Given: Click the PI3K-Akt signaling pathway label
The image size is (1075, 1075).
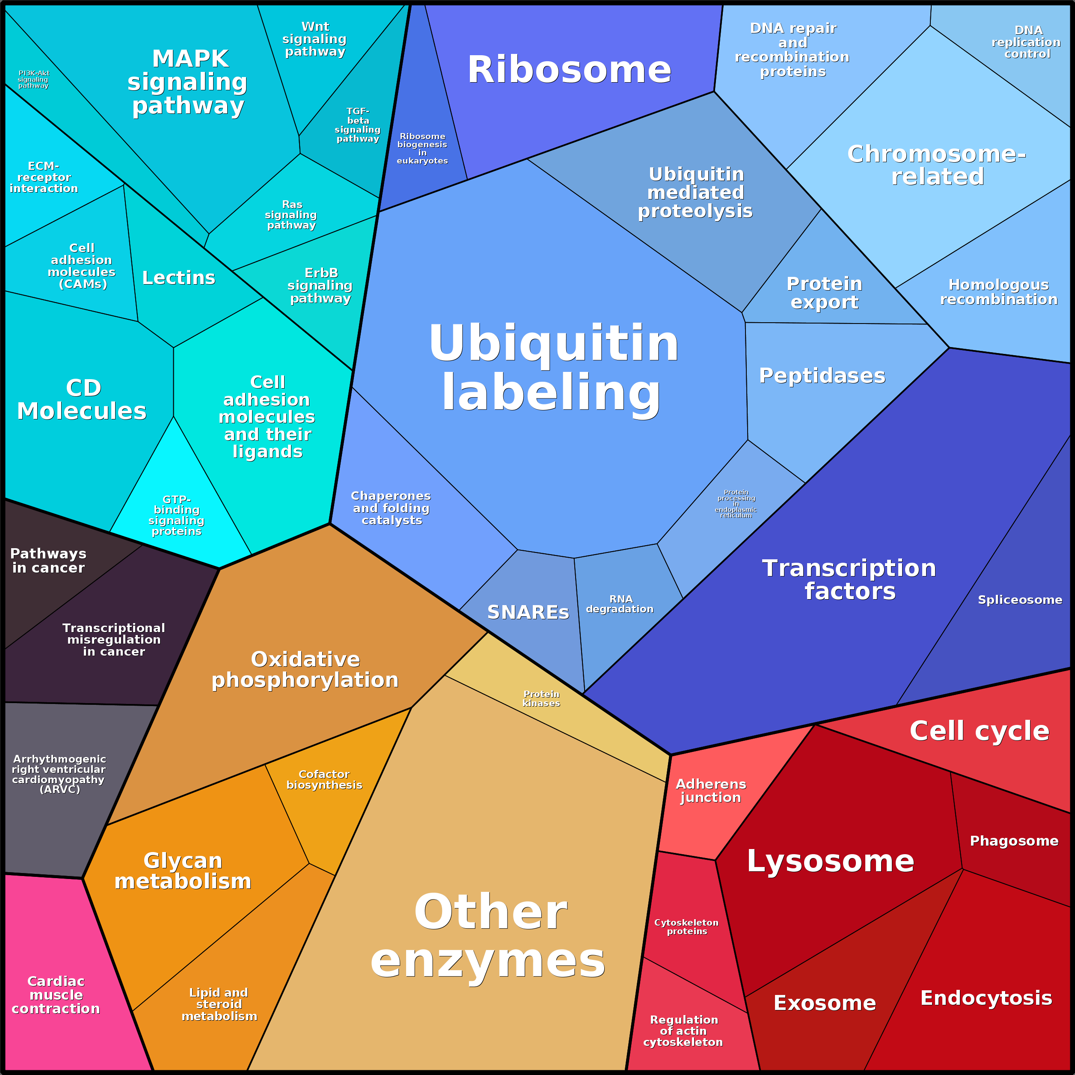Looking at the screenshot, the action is coord(33,79).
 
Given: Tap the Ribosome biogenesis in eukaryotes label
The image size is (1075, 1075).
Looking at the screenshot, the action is coord(422,148).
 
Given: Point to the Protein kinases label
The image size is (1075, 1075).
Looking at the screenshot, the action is coord(541,698).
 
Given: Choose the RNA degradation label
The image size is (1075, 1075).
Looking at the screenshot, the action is coord(620,604).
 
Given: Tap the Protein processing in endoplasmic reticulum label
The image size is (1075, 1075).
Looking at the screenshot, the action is coord(736,504).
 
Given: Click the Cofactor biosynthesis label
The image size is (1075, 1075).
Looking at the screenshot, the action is coord(324,780).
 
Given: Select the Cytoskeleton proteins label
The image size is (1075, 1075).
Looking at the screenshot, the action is coord(686,927).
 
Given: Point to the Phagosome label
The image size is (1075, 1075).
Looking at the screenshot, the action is coord(1014,841).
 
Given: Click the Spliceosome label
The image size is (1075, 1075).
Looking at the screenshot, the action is coord(1020,600).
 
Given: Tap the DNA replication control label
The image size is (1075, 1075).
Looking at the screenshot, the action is coord(1027,42).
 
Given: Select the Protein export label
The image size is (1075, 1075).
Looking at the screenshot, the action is coord(825,293).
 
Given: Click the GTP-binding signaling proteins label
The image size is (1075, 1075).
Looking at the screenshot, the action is coord(176,515).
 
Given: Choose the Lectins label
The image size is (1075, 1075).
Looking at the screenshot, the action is coord(178,278).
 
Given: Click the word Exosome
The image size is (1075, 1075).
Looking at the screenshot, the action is coord(825,1003).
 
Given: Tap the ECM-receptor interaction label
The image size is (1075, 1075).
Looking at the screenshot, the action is coord(44,177).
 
